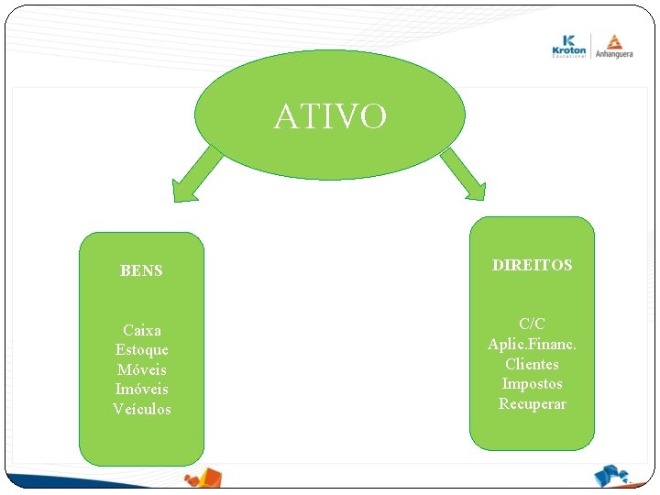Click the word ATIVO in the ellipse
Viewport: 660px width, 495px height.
tap(330, 116)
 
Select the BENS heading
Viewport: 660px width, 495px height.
tap(141, 270)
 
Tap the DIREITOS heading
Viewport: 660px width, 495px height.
tap(532, 265)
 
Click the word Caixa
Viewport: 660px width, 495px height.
tap(141, 330)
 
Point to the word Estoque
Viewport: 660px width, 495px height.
tap(141, 349)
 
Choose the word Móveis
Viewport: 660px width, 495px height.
tap(141, 369)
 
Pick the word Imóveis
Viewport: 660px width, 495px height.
tap(141, 389)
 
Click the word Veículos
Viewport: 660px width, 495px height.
tap(141, 409)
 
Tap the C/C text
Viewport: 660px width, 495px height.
tap(532, 324)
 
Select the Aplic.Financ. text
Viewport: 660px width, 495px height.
tap(532, 344)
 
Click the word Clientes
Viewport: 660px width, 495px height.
tap(532, 364)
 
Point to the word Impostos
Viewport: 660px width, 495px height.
tap(532, 383)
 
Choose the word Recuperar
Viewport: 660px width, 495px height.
tap(532, 403)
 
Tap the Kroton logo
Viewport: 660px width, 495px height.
tap(568, 45)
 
